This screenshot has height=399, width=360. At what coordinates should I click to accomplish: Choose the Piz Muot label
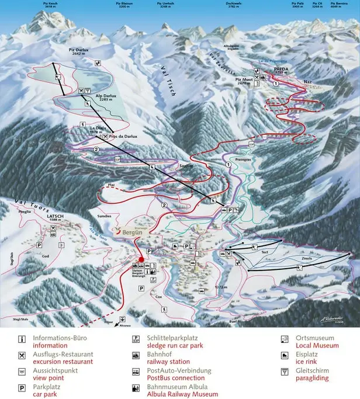pos(244,79)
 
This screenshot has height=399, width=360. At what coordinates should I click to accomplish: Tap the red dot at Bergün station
pos(141,259)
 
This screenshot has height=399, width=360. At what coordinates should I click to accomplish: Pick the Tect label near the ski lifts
pos(264,252)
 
